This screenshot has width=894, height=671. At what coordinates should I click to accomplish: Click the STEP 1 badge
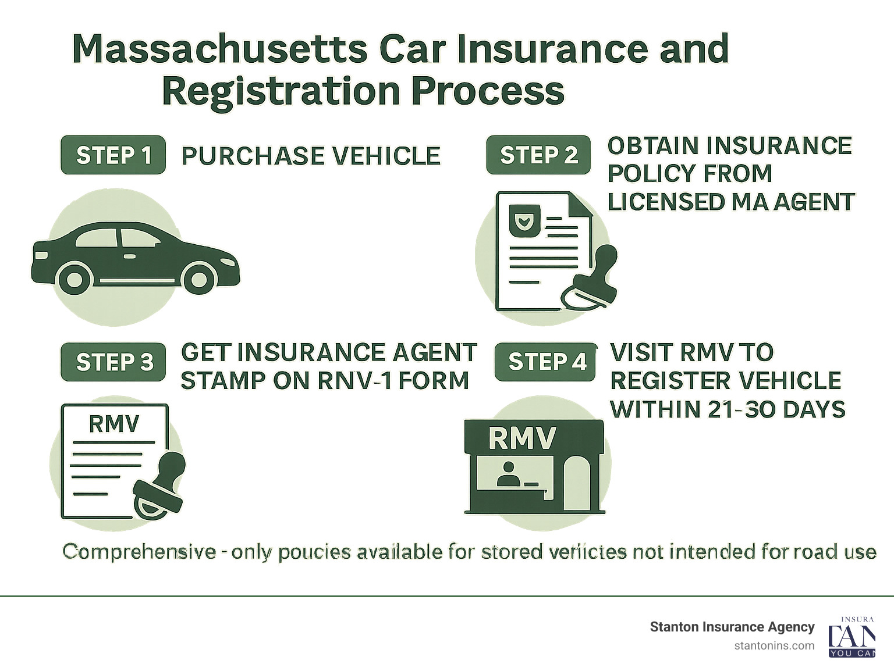tap(113, 155)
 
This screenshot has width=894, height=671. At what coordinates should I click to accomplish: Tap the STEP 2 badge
tap(538, 155)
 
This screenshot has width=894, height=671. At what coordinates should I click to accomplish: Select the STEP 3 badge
tap(113, 362)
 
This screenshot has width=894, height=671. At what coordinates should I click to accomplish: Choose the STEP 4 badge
tap(546, 362)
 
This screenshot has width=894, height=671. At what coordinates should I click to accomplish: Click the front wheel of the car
tap(199, 280)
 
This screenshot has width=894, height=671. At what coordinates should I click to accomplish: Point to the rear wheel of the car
tap(74, 280)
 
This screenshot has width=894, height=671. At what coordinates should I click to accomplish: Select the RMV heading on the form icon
tap(114, 423)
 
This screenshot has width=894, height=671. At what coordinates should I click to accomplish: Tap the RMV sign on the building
tap(522, 438)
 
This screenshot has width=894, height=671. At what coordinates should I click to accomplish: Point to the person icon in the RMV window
tap(508, 474)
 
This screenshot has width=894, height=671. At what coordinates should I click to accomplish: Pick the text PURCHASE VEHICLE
tap(311, 156)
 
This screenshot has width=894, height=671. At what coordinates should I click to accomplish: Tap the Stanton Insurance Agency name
tap(732, 627)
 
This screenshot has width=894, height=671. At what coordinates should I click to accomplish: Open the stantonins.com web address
tap(774, 645)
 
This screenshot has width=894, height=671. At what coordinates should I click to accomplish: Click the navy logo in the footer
tap(852, 637)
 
